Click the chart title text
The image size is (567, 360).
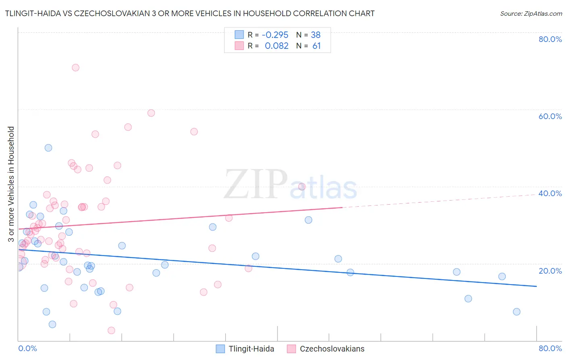click(190, 13)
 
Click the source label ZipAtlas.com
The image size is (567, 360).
click(531, 13)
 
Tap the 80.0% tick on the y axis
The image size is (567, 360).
click(550, 39)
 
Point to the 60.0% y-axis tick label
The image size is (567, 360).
click(550, 116)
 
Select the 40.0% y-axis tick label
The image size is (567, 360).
click(550, 193)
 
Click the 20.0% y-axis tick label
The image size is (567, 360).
click(550, 271)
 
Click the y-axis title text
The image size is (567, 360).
click(11, 184)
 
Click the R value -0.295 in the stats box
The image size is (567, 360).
click(275, 35)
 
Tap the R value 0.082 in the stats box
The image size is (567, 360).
click(277, 46)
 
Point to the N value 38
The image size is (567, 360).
click(315, 35)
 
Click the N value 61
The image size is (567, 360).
click(317, 46)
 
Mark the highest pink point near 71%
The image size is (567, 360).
click(75, 67)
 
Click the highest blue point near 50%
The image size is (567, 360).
click(48, 148)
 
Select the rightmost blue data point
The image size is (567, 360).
click(517, 312)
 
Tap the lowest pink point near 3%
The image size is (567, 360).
click(111, 331)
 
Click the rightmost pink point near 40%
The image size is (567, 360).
click(302, 186)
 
